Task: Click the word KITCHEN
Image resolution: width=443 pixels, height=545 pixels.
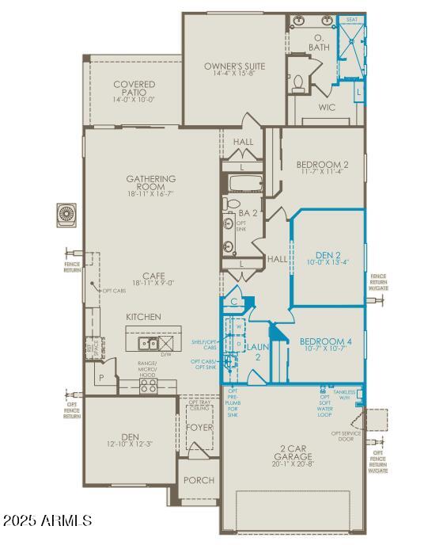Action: [143, 317]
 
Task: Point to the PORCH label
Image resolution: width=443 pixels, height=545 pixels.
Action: [198, 480]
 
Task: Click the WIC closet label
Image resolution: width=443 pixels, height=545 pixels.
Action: [327, 106]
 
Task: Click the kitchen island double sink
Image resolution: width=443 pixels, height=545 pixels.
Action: [148, 343]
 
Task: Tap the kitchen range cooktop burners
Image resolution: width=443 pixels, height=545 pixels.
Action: [148, 385]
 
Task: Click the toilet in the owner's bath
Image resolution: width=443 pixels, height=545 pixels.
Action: [299, 81]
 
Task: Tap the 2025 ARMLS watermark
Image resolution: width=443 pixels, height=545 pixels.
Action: [47, 521]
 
